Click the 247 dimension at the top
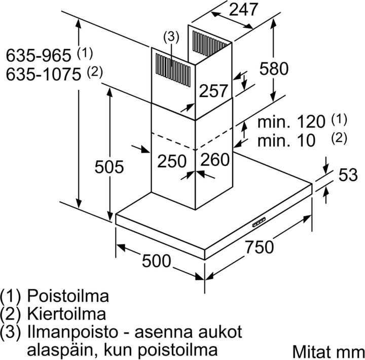pos(243,10)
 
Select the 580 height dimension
pos(274,68)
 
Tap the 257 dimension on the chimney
pos(213,91)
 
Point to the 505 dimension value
pos(109,167)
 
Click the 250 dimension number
pos(172,161)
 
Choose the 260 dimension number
pos(215,160)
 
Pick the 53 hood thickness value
pos(348,174)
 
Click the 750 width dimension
pos(259,247)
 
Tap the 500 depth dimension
pos(157,261)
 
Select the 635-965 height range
pos(39,55)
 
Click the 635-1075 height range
pos(44,75)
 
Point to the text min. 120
pos(291,122)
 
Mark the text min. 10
pos(286,140)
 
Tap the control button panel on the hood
pos(259,222)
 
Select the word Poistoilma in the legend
pos(68,296)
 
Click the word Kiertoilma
pos(66,314)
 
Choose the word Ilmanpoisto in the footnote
pos(72,332)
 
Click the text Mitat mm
pos(328,351)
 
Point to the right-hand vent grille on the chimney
pos(210,45)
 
